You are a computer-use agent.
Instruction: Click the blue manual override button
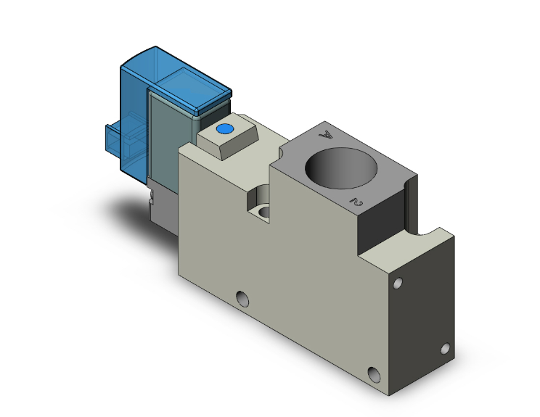(x=224, y=130)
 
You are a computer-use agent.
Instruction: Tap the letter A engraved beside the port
(x=327, y=134)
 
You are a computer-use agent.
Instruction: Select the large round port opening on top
(x=340, y=165)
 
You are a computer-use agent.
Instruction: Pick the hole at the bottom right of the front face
(x=374, y=374)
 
